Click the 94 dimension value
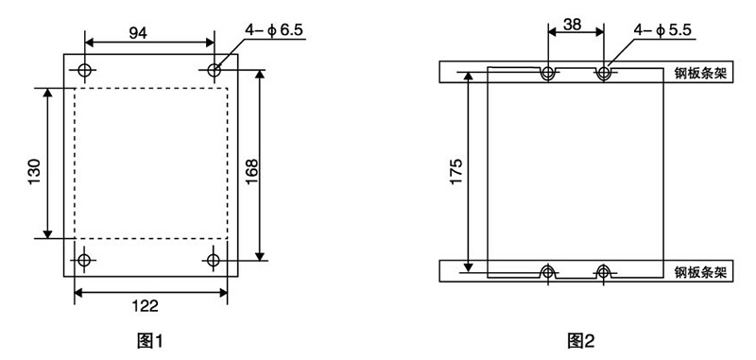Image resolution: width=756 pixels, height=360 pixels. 138,33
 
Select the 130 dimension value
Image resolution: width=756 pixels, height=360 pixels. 35,172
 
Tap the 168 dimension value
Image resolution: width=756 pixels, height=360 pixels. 251,171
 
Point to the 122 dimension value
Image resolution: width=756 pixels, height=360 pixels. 146,305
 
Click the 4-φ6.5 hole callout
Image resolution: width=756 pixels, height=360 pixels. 273,30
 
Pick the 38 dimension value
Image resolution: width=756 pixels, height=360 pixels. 573,25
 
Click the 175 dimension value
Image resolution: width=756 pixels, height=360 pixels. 456,171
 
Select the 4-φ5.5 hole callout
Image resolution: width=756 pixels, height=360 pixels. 662,30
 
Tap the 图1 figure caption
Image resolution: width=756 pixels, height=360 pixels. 150,341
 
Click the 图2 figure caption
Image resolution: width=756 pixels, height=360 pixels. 581,341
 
